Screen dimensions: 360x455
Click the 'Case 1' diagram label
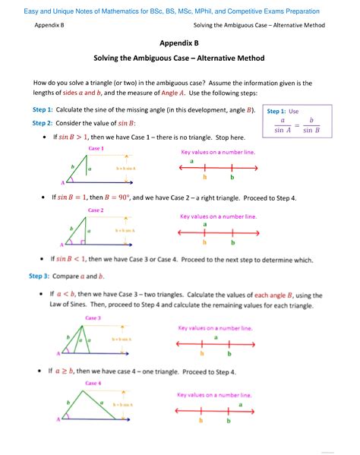96,148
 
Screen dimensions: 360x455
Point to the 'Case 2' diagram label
96,210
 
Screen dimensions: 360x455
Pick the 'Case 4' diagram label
94,383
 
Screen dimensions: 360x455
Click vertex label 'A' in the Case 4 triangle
59,419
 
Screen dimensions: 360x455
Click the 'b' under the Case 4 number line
229,419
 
